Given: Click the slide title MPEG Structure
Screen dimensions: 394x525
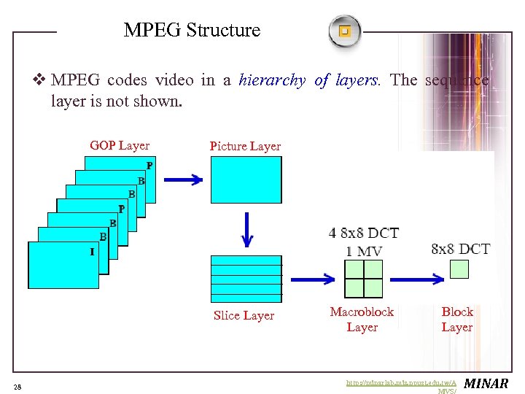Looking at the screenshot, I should point(192,31).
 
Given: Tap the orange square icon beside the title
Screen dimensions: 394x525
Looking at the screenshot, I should point(345,31).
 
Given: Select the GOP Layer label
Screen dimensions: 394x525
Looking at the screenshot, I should point(120,145).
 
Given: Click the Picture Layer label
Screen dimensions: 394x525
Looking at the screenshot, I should point(245,146).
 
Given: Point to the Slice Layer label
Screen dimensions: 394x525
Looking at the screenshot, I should point(244,315).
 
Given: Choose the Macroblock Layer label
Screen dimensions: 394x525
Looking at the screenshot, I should point(362,319).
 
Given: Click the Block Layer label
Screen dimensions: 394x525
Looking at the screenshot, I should point(457,319).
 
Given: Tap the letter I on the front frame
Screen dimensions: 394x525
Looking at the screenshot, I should point(92,252).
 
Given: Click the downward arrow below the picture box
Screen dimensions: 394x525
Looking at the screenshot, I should point(246,231).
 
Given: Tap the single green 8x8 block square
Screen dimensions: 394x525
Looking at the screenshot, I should point(459,269).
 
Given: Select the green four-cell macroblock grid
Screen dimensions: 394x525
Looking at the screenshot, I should point(363,279).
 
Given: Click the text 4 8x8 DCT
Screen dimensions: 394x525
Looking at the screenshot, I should point(364,233).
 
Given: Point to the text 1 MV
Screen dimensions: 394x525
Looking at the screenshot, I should point(364,251).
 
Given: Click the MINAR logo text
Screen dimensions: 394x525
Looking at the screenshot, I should point(486,383).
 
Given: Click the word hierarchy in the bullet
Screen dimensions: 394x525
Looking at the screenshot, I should point(272,80).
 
